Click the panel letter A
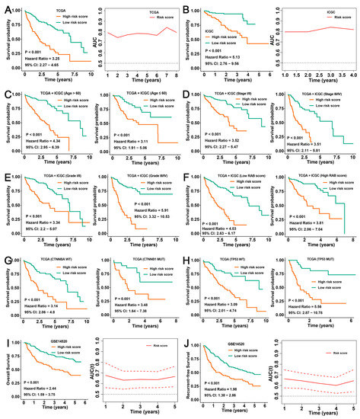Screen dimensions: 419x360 5,6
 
